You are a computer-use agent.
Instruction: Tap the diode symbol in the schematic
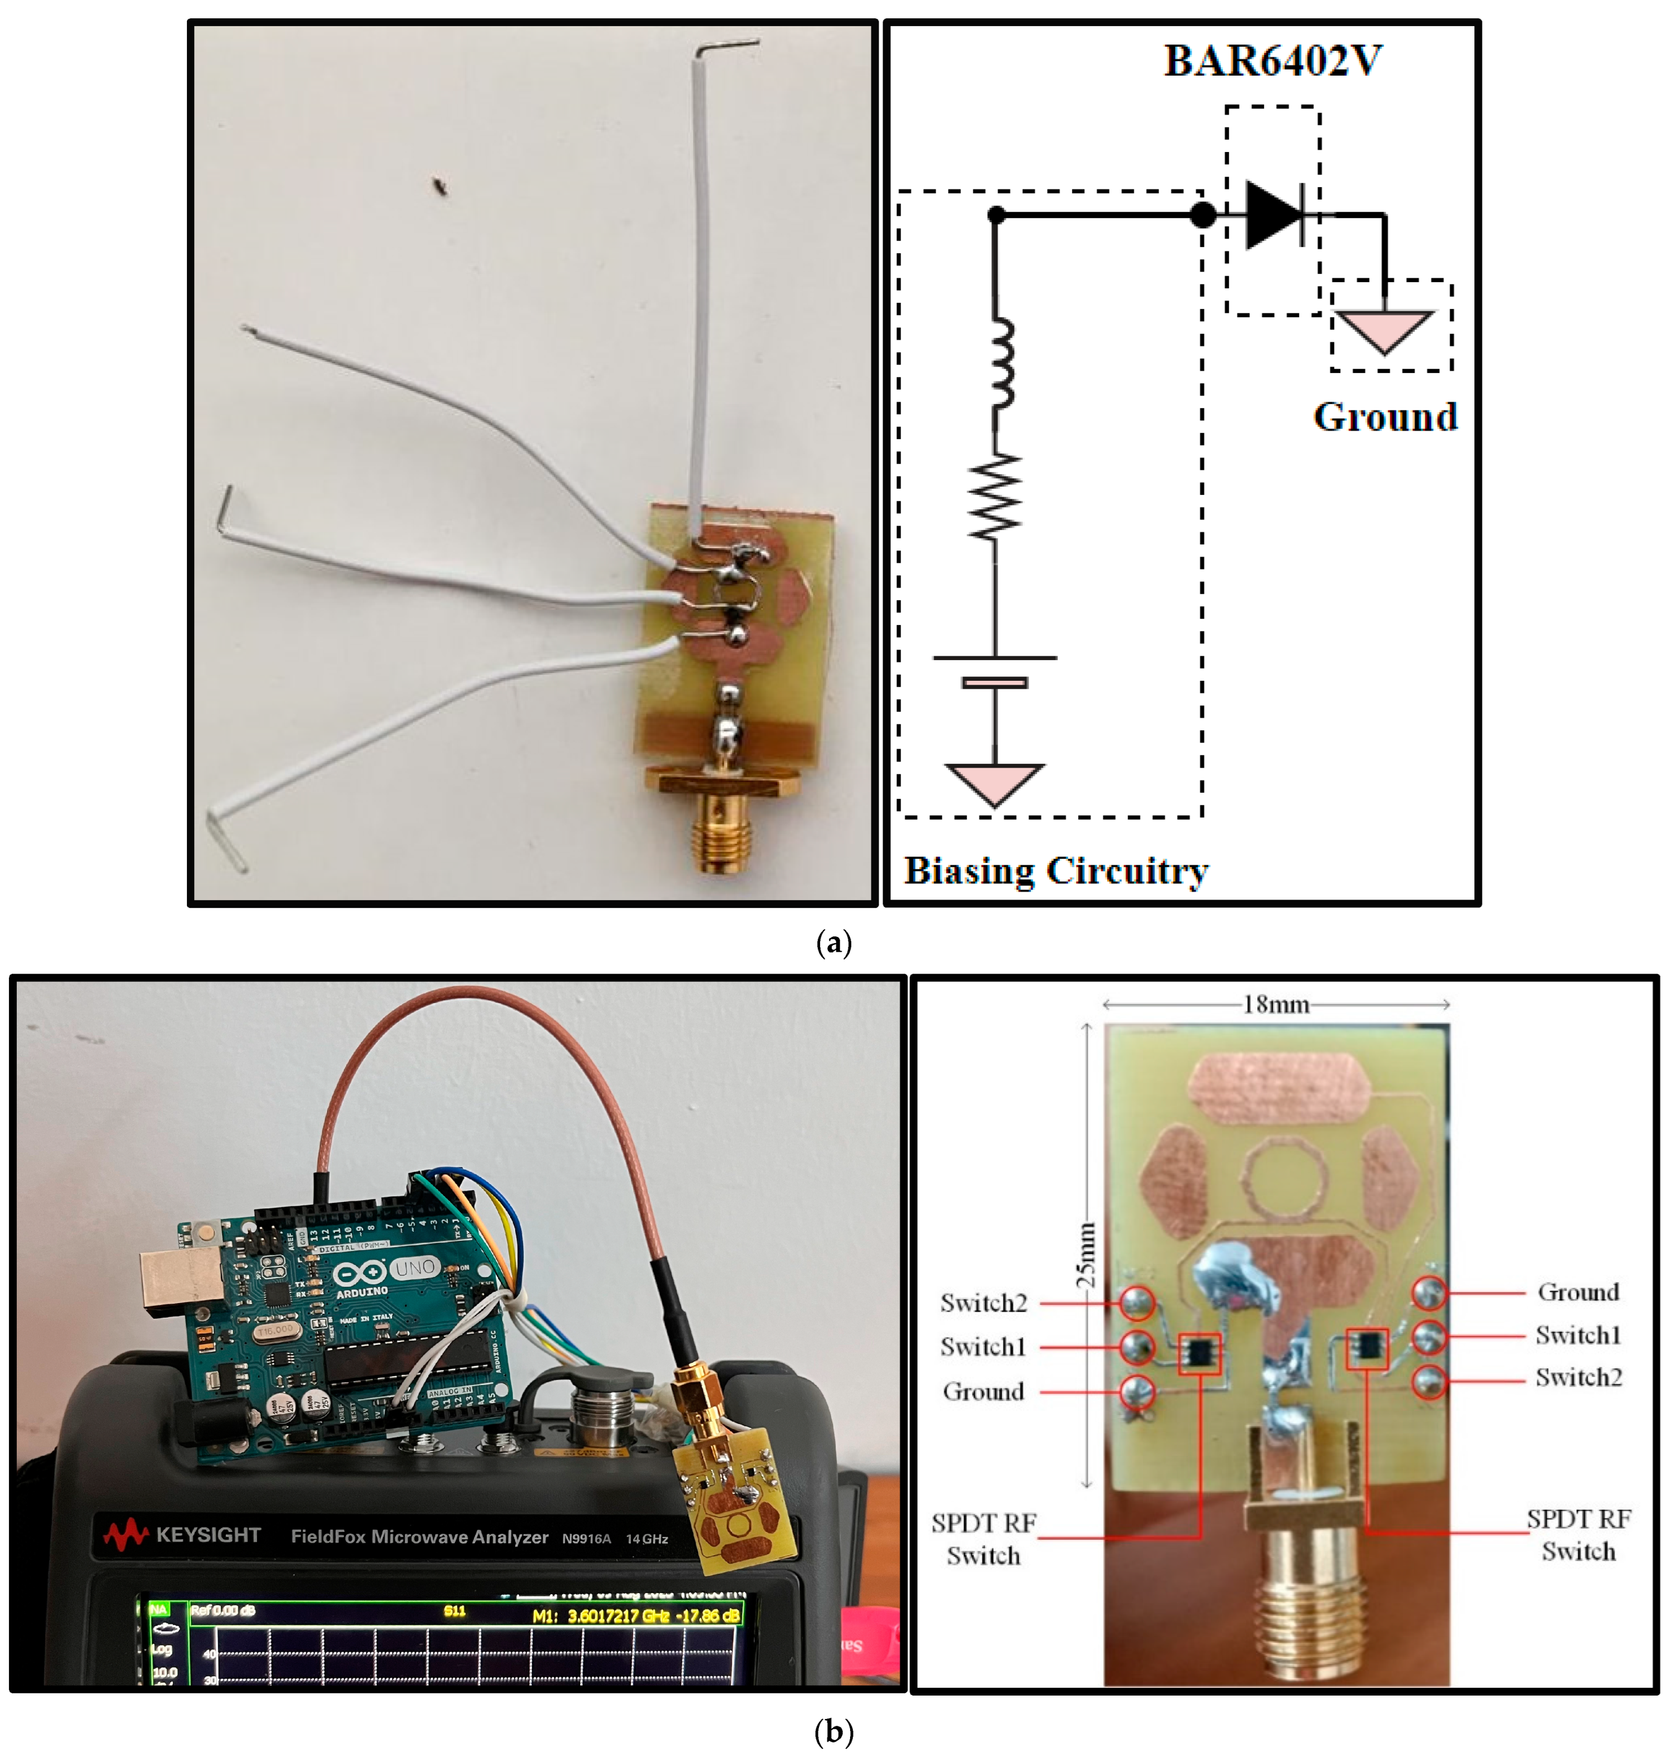pyautogui.click(x=1276, y=214)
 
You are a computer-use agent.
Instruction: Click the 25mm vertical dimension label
pyautogui.click(x=1085, y=1254)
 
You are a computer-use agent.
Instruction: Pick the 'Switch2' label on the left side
pyautogui.click(x=984, y=1303)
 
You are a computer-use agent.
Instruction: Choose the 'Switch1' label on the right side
pyautogui.click(x=1578, y=1335)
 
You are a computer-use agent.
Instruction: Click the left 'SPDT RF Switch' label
pyautogui.click(x=984, y=1539)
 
